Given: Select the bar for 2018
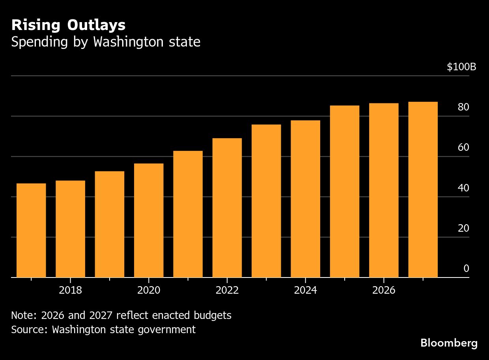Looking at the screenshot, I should click(70, 229).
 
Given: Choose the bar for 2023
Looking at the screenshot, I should click(266, 201).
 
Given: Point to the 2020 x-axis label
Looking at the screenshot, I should click(149, 291).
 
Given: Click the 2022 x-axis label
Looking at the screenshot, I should click(227, 291).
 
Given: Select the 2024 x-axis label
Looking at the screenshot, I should click(305, 291).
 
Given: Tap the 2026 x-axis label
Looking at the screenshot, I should click(384, 291).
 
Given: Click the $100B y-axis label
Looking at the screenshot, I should click(461, 67).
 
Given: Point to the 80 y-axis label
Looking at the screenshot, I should click(463, 107).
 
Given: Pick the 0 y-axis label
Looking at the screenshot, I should click(466, 269).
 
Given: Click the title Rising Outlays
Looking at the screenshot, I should click(68, 25).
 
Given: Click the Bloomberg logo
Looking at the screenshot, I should click(449, 343).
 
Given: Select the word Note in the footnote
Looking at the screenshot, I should click(24, 315).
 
